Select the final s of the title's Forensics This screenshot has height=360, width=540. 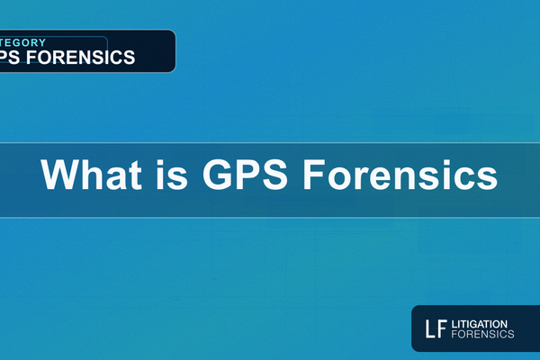pos(488,177)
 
